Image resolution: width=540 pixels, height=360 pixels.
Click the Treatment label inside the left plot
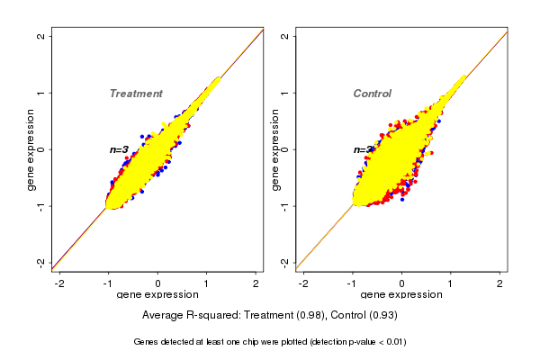pyautogui.click(x=136, y=94)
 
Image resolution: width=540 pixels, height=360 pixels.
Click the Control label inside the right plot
pyautogui.click(x=372, y=94)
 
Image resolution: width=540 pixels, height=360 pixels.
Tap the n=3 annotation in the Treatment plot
pyautogui.click(x=119, y=149)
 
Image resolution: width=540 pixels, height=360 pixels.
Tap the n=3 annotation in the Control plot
pyautogui.click(x=363, y=149)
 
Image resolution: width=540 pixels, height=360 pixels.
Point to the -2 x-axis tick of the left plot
pyautogui.click(x=59, y=283)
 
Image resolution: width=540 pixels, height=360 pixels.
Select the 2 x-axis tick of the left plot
pyautogui.click(x=256, y=283)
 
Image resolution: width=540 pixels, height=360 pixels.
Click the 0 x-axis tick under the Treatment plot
pyautogui.click(x=158, y=283)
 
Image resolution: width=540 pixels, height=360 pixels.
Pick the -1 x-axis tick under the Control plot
pyautogui.click(x=352, y=283)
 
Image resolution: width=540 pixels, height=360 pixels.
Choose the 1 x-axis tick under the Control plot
pyautogui.click(x=452, y=283)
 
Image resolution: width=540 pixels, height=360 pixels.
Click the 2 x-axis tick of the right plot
pyautogui.click(x=501, y=283)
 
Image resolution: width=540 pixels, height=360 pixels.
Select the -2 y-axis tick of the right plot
pyautogui.click(x=285, y=262)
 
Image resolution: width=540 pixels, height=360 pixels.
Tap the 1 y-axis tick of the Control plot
pyautogui.click(x=285, y=93)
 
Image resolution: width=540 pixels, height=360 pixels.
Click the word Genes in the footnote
pyautogui.click(x=148, y=342)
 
